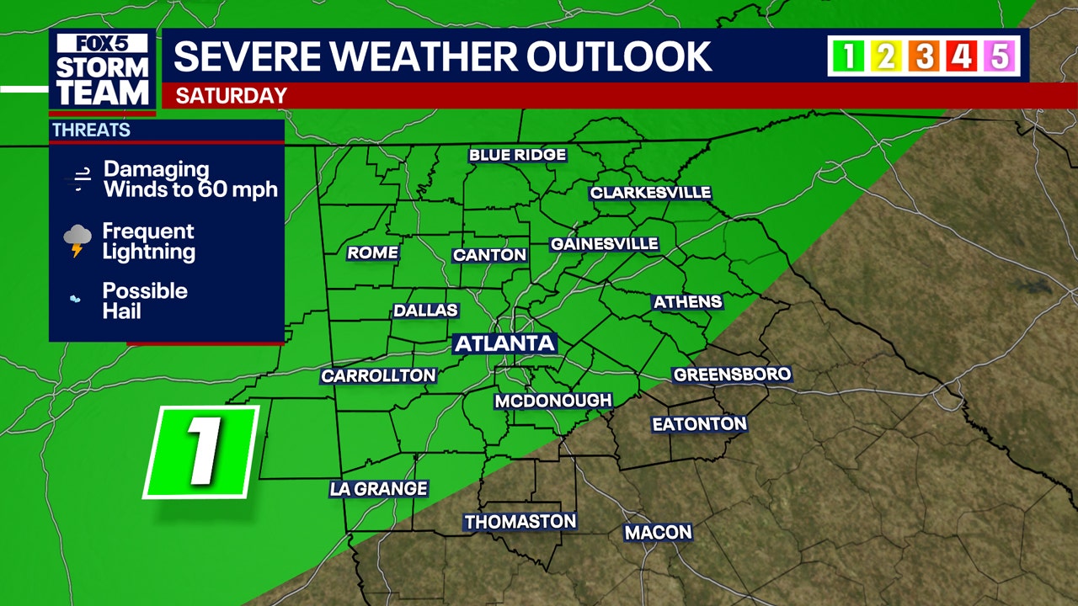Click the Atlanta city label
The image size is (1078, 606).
(504, 343)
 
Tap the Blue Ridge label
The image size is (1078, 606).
(517, 155)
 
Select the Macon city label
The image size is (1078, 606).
(658, 532)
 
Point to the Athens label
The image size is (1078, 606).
(687, 301)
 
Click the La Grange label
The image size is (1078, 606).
(379, 488)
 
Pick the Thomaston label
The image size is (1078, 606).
(520, 522)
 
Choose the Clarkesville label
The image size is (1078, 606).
(650, 193)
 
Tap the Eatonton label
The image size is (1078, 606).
(699, 424)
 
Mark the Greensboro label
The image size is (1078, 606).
(731, 375)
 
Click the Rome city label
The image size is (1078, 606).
(372, 252)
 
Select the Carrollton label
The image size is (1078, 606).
(379, 376)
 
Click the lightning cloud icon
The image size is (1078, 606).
(77, 240)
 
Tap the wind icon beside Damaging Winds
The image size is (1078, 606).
(82, 178)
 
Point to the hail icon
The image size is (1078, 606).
(76, 299)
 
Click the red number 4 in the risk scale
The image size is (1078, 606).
(962, 56)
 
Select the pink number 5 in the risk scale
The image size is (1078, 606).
(1000, 56)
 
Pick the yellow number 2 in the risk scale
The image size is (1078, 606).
(886, 56)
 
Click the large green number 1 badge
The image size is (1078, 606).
(201, 452)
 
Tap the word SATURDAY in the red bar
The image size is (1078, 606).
(231, 96)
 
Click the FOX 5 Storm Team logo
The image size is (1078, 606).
(102, 71)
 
